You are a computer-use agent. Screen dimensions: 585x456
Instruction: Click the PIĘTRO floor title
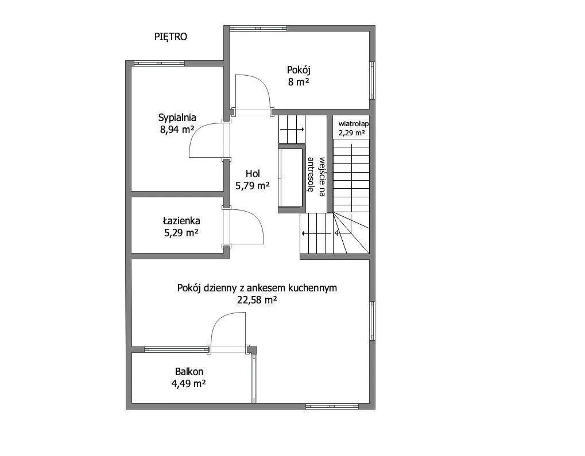point(171,37)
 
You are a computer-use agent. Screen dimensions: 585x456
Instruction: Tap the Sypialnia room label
point(177,118)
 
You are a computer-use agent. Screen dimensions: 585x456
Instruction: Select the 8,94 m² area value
point(177,130)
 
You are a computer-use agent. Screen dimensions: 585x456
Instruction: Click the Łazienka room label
point(181,221)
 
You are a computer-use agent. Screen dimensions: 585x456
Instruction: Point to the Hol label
point(253,173)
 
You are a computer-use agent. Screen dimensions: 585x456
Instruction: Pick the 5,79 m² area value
point(253,185)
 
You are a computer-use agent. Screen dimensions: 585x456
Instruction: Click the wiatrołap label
point(353,124)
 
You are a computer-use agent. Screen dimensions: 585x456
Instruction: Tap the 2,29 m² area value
point(352,132)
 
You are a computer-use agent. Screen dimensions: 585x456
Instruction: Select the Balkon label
point(189,372)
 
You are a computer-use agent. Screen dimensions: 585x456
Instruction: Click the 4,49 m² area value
point(189,384)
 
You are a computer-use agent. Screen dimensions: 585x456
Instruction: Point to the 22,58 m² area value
point(257,300)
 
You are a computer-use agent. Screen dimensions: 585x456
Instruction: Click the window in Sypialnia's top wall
point(159,64)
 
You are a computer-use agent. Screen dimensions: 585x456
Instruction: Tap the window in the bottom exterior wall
point(332,406)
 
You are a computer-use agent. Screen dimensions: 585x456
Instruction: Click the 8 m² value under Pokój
point(298,82)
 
